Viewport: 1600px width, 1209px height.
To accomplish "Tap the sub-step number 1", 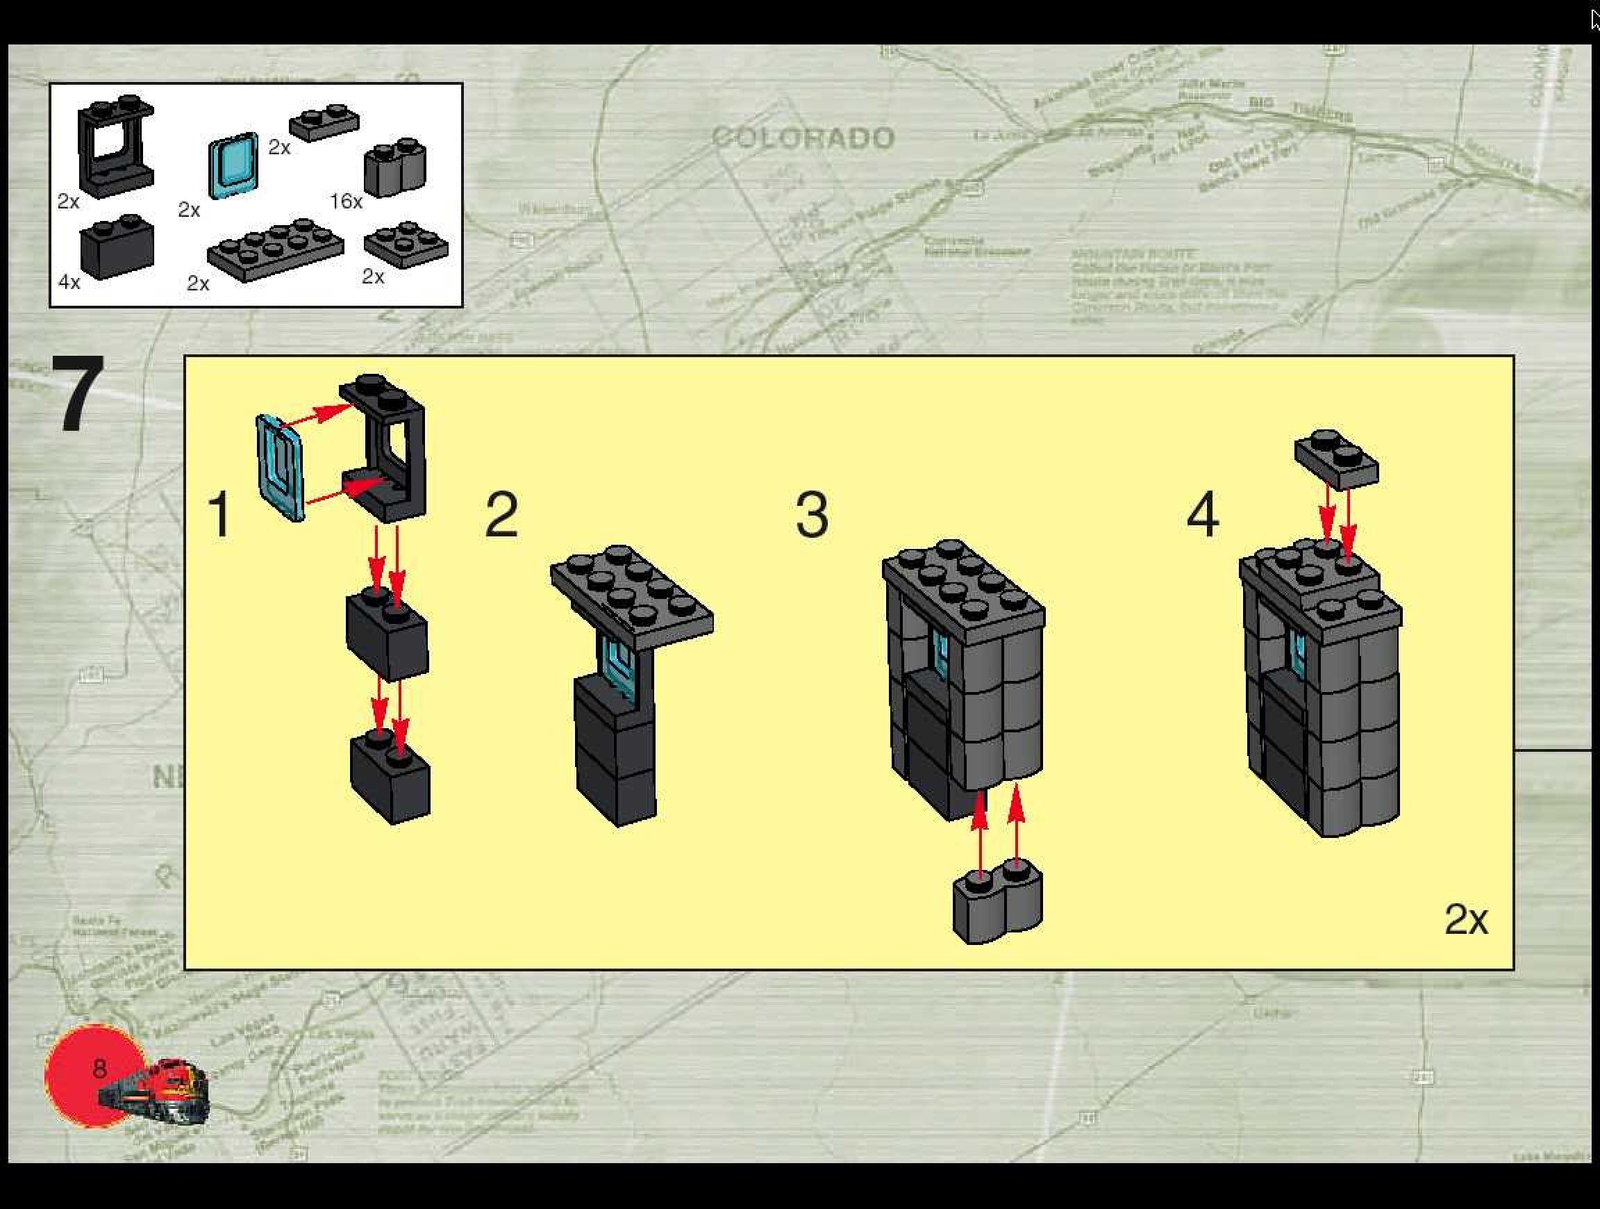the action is click(x=220, y=513).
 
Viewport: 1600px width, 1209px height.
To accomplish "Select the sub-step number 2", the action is click(x=501, y=513).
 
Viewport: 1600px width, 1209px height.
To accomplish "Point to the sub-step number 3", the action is click(x=812, y=513).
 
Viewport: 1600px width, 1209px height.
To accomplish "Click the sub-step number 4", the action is click(x=1203, y=513).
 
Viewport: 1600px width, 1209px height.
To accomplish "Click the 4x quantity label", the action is click(x=69, y=281).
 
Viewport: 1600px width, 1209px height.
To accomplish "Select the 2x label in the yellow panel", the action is click(x=1465, y=919).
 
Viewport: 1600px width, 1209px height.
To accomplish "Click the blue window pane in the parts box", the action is click(x=233, y=165).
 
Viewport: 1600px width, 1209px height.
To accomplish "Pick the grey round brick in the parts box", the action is click(x=395, y=167).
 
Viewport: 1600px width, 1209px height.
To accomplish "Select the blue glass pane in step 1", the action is click(x=280, y=468).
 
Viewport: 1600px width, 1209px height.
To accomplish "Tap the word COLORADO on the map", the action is click(x=803, y=138).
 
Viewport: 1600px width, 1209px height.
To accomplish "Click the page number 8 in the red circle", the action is click(x=100, y=1068).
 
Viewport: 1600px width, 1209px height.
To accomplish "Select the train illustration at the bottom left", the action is click(x=156, y=1091).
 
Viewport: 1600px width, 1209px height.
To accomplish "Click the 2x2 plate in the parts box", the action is click(x=406, y=245).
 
